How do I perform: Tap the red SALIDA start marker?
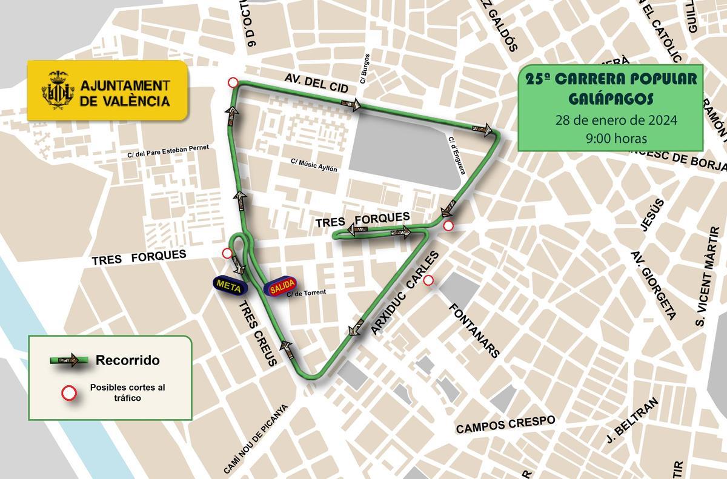[281, 287]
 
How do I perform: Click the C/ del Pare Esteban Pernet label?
[168, 150]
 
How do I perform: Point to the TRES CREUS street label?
[257, 332]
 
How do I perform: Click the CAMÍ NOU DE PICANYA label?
[254, 439]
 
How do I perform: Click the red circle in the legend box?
[69, 393]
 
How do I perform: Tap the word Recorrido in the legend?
[127, 361]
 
